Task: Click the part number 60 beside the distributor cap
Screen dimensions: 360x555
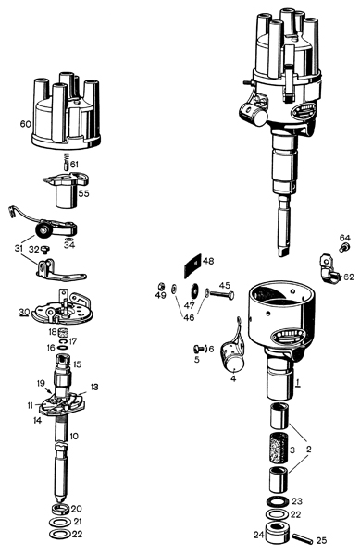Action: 26,124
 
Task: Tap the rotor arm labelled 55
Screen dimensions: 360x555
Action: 66,190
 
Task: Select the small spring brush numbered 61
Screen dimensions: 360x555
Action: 66,161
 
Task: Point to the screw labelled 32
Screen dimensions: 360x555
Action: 44,250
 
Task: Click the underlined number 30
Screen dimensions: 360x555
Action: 24,312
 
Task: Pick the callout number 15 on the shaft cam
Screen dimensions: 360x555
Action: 77,364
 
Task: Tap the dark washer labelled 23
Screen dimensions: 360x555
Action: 277,502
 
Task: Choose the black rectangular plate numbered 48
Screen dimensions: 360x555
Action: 192,266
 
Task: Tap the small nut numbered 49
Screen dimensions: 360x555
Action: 160,285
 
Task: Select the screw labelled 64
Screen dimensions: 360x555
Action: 344,247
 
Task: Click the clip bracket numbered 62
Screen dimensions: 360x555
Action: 329,269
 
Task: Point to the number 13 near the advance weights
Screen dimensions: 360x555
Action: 94,387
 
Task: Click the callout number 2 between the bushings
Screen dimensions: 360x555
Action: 309,450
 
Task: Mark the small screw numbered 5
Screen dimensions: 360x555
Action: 198,349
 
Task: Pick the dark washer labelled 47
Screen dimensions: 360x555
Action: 194,290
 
